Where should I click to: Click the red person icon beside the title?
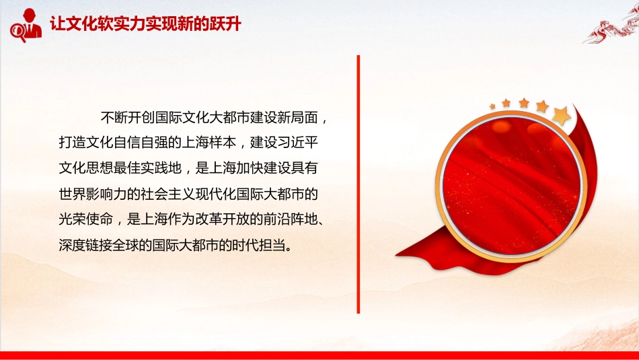30,24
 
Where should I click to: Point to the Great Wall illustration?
612,26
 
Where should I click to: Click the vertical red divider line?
359,184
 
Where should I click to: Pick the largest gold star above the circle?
562,115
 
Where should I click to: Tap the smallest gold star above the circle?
492,106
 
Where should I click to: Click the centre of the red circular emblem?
511,186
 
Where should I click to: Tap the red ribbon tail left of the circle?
424,249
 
